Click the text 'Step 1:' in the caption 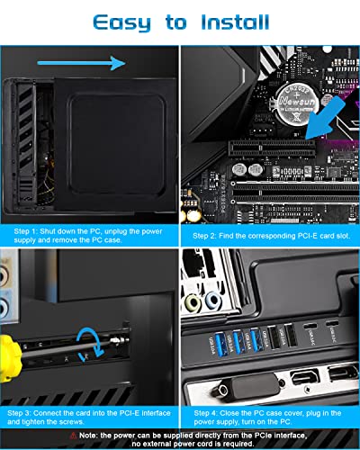click(28, 231)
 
